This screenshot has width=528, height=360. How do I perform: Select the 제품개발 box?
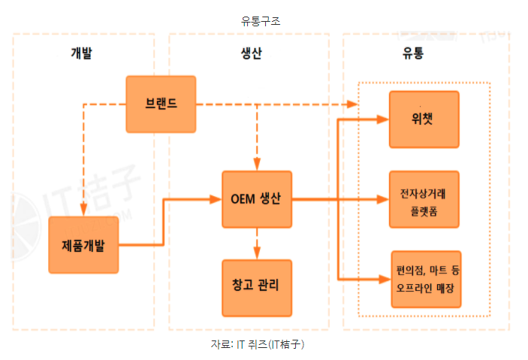click(x=83, y=244)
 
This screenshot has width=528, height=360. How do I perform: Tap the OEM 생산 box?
click(x=256, y=199)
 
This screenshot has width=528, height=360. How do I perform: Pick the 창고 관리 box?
click(x=256, y=286)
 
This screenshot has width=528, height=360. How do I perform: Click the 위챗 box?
click(x=424, y=119)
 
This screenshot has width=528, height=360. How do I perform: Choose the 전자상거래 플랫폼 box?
click(x=424, y=199)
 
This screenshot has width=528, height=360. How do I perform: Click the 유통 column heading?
click(x=413, y=53)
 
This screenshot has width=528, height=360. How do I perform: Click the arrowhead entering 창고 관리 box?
click(x=257, y=254)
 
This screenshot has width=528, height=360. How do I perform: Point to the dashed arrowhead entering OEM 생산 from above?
click(x=257, y=165)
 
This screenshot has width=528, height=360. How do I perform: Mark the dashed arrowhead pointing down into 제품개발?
click(x=83, y=211)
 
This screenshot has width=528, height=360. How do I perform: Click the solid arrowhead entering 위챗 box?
click(x=382, y=119)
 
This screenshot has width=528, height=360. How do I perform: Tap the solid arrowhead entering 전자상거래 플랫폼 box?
click(x=382, y=199)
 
